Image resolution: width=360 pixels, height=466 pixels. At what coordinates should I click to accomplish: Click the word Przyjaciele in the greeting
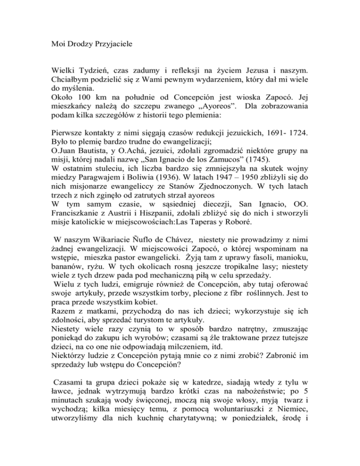tap(112, 47)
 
